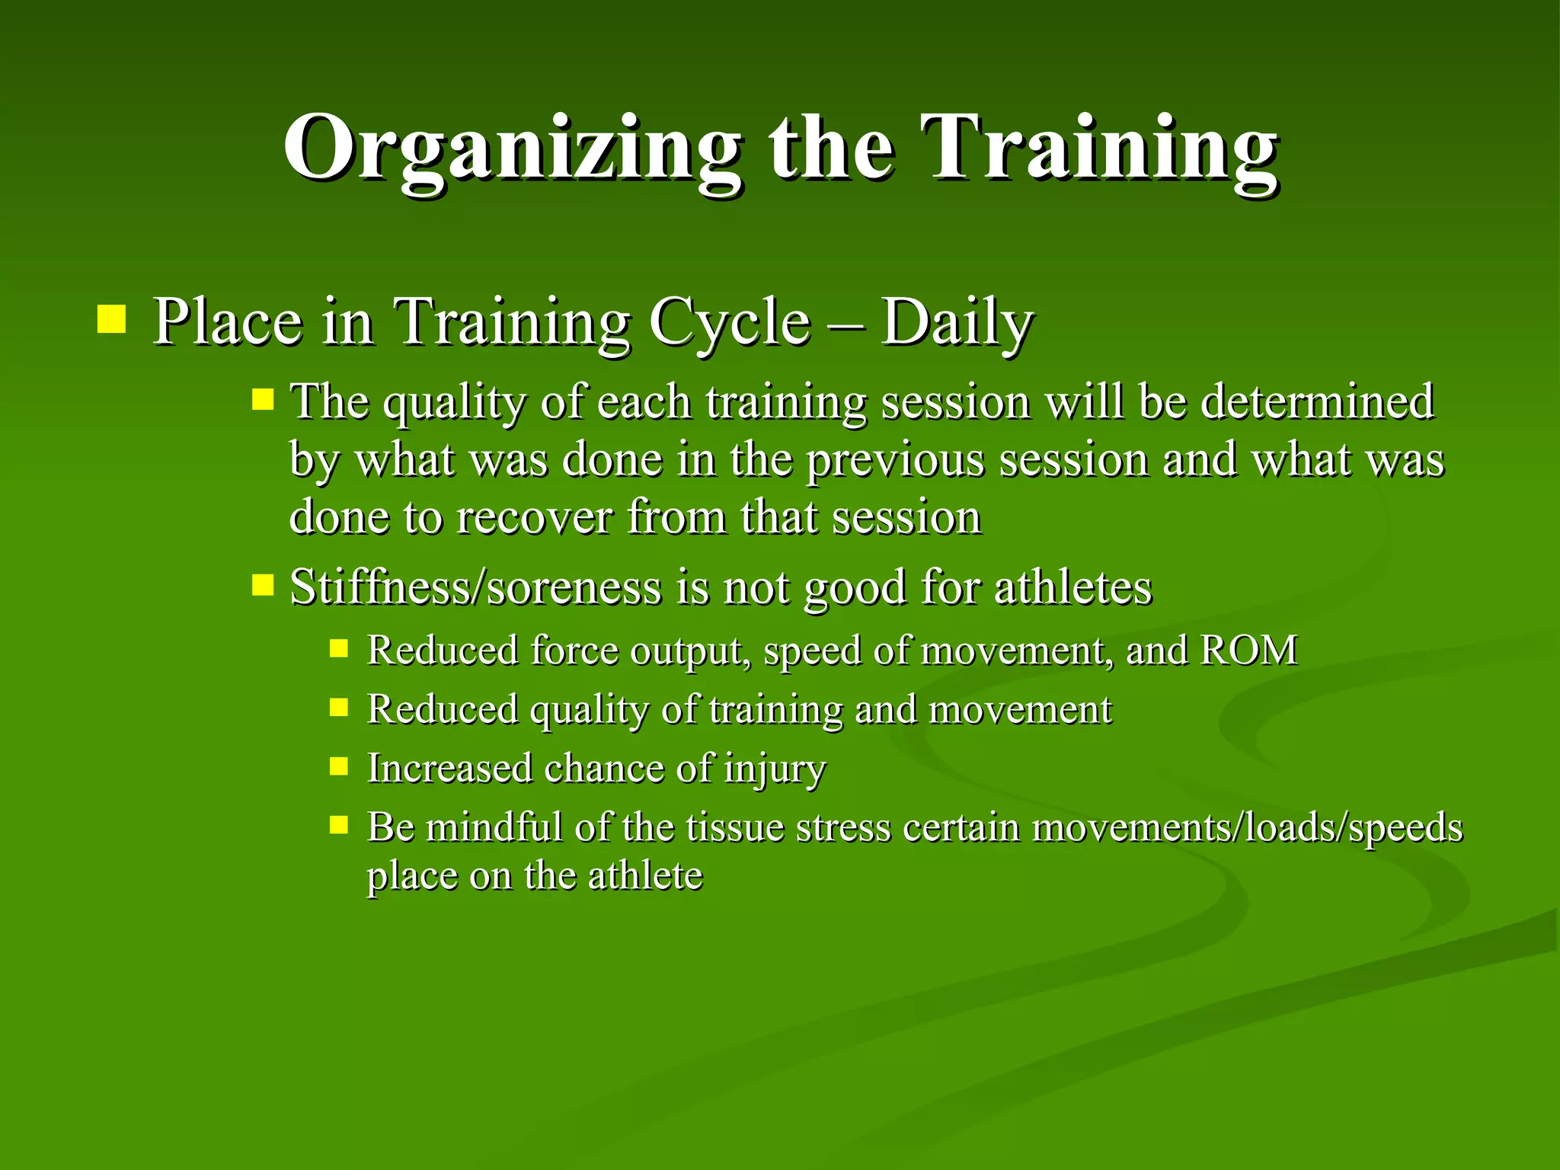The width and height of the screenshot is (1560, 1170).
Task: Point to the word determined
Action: pyautogui.click(x=1317, y=401)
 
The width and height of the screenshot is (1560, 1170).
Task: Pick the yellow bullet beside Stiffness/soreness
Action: pyautogui.click(x=263, y=585)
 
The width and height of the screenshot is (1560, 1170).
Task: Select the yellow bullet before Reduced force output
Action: pyautogui.click(x=339, y=649)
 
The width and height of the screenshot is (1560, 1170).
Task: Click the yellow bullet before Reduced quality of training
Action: pyautogui.click(x=339, y=708)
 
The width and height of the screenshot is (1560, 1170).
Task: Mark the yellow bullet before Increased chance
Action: pyautogui.click(x=339, y=766)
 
